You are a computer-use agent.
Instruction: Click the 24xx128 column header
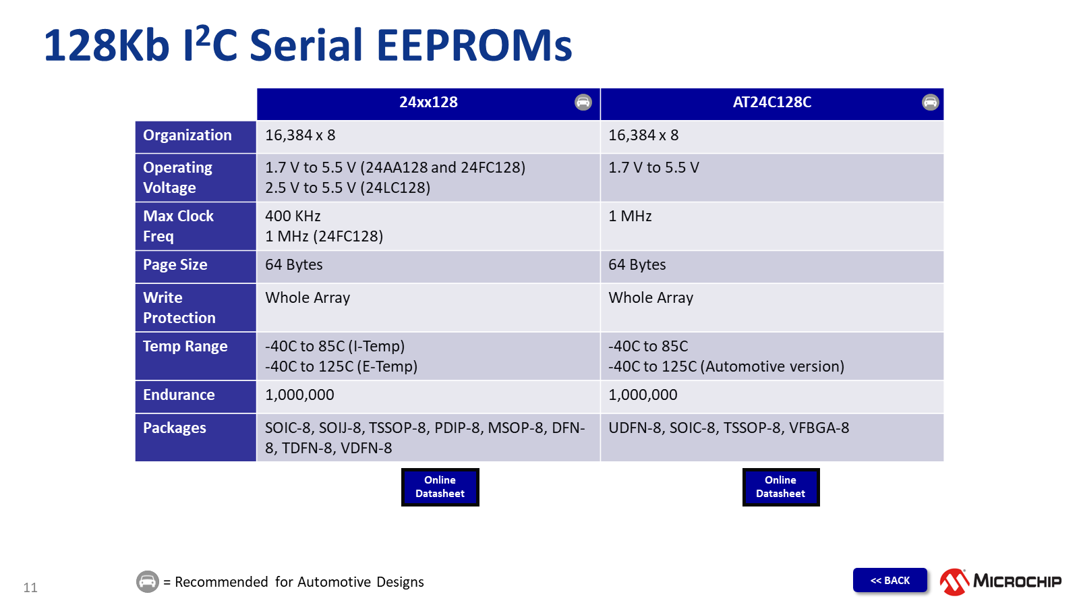pyautogui.click(x=428, y=103)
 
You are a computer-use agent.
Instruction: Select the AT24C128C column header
pyautogui.click(x=771, y=103)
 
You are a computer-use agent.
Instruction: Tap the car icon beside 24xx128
pyautogui.click(x=583, y=102)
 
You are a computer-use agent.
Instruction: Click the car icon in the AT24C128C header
pyautogui.click(x=930, y=102)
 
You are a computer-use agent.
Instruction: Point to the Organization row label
pyautogui.click(x=187, y=136)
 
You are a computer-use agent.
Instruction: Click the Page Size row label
pyautogui.click(x=175, y=265)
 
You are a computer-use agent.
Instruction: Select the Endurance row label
pyautogui.click(x=179, y=395)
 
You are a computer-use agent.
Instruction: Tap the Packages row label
pyautogui.click(x=175, y=428)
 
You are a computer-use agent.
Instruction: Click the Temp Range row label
pyautogui.click(x=185, y=347)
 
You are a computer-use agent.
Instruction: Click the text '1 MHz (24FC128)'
pyautogui.click(x=324, y=237)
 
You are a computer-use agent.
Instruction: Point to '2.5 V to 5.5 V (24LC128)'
pyautogui.click(x=347, y=188)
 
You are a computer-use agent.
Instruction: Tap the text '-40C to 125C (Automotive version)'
pyautogui.click(x=726, y=367)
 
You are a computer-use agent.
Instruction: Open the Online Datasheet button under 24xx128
pyautogui.click(x=440, y=487)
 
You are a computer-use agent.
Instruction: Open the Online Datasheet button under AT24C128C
pyautogui.click(x=781, y=487)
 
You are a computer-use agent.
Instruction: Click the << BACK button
pyautogui.click(x=890, y=581)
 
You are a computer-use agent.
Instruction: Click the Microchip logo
pyautogui.click(x=1001, y=581)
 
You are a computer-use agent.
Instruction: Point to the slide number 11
pyautogui.click(x=30, y=587)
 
